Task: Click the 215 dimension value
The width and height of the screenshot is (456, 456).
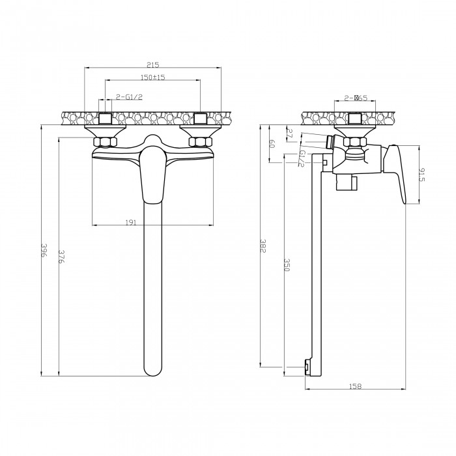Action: [x=153, y=64]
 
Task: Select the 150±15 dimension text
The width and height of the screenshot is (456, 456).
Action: [x=152, y=77]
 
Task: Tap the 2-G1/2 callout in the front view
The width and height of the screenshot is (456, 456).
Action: [x=129, y=97]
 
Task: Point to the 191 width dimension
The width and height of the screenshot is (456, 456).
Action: [x=131, y=223]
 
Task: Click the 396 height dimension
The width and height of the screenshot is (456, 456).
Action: [x=44, y=250]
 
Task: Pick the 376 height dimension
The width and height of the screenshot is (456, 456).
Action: [x=61, y=256]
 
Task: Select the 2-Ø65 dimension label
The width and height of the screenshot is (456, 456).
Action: [x=356, y=98]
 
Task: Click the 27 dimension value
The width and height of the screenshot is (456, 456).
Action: [x=290, y=134]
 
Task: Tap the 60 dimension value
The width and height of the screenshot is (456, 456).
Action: [x=272, y=144]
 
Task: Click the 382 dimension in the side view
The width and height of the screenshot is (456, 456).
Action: [x=263, y=246]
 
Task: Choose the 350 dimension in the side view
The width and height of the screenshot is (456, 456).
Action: [x=287, y=265]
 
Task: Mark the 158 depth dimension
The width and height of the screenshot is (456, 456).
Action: [x=355, y=386]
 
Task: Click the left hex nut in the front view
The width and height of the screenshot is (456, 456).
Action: [x=105, y=142]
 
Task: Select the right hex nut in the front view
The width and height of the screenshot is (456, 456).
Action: [x=201, y=142]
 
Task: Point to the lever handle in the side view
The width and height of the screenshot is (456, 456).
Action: [x=396, y=174]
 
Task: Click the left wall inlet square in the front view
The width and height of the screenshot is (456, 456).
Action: [x=105, y=119]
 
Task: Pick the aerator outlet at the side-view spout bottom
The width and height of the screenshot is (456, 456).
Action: [x=307, y=367]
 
